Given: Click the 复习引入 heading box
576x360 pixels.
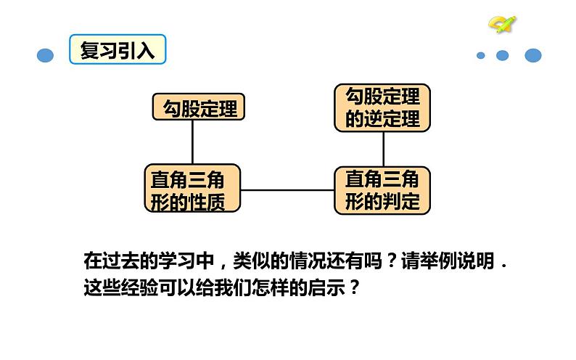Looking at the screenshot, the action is (118, 49).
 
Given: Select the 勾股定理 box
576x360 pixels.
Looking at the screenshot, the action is (198, 108).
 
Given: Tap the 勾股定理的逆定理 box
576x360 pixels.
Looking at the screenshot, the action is (382, 107).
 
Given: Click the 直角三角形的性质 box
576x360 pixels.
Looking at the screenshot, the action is (193, 189).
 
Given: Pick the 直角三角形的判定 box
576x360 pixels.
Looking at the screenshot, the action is (382, 190).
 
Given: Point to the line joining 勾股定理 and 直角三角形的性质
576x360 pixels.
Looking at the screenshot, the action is (193, 142).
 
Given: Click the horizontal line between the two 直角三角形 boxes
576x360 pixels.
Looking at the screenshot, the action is (287, 190).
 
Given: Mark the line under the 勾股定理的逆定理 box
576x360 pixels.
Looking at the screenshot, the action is (383, 149).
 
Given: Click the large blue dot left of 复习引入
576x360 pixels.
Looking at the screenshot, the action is (46, 56).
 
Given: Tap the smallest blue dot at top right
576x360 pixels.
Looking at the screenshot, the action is (481, 56).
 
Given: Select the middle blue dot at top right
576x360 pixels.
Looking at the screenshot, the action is (502, 56).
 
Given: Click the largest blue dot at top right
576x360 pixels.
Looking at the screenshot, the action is (533, 55).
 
